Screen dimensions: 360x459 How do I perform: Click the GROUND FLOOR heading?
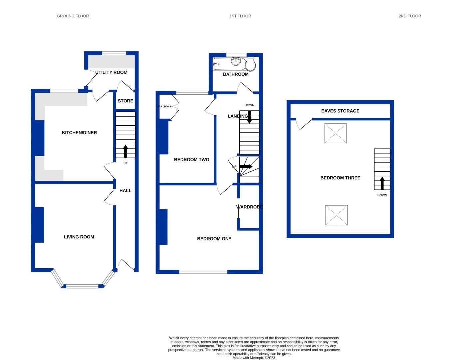[73, 16]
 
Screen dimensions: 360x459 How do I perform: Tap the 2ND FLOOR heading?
[410, 16]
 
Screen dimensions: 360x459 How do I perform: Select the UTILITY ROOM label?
[111, 72]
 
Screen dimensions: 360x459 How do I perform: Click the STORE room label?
[125, 101]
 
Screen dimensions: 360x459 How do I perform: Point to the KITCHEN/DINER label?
[79, 133]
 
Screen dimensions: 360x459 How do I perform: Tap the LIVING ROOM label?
[79, 237]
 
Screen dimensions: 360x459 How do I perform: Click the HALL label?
[125, 191]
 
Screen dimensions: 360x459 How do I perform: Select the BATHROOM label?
[235, 74]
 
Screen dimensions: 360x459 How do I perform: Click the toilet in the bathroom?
[250, 64]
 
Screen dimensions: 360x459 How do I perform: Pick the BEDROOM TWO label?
[192, 160]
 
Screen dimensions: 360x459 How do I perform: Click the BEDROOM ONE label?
[214, 239]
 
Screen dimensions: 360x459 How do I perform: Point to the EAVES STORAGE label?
[340, 111]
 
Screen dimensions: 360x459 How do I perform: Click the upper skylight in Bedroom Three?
[336, 133]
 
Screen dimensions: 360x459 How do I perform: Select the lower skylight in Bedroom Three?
[336, 215]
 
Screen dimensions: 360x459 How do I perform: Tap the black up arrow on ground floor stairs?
[125, 151]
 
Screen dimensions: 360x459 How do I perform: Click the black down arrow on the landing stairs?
[249, 117]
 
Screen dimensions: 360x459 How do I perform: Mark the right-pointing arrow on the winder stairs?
[246, 166]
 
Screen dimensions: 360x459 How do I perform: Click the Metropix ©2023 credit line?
[254, 358]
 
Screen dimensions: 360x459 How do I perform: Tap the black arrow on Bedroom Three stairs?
[382, 183]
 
